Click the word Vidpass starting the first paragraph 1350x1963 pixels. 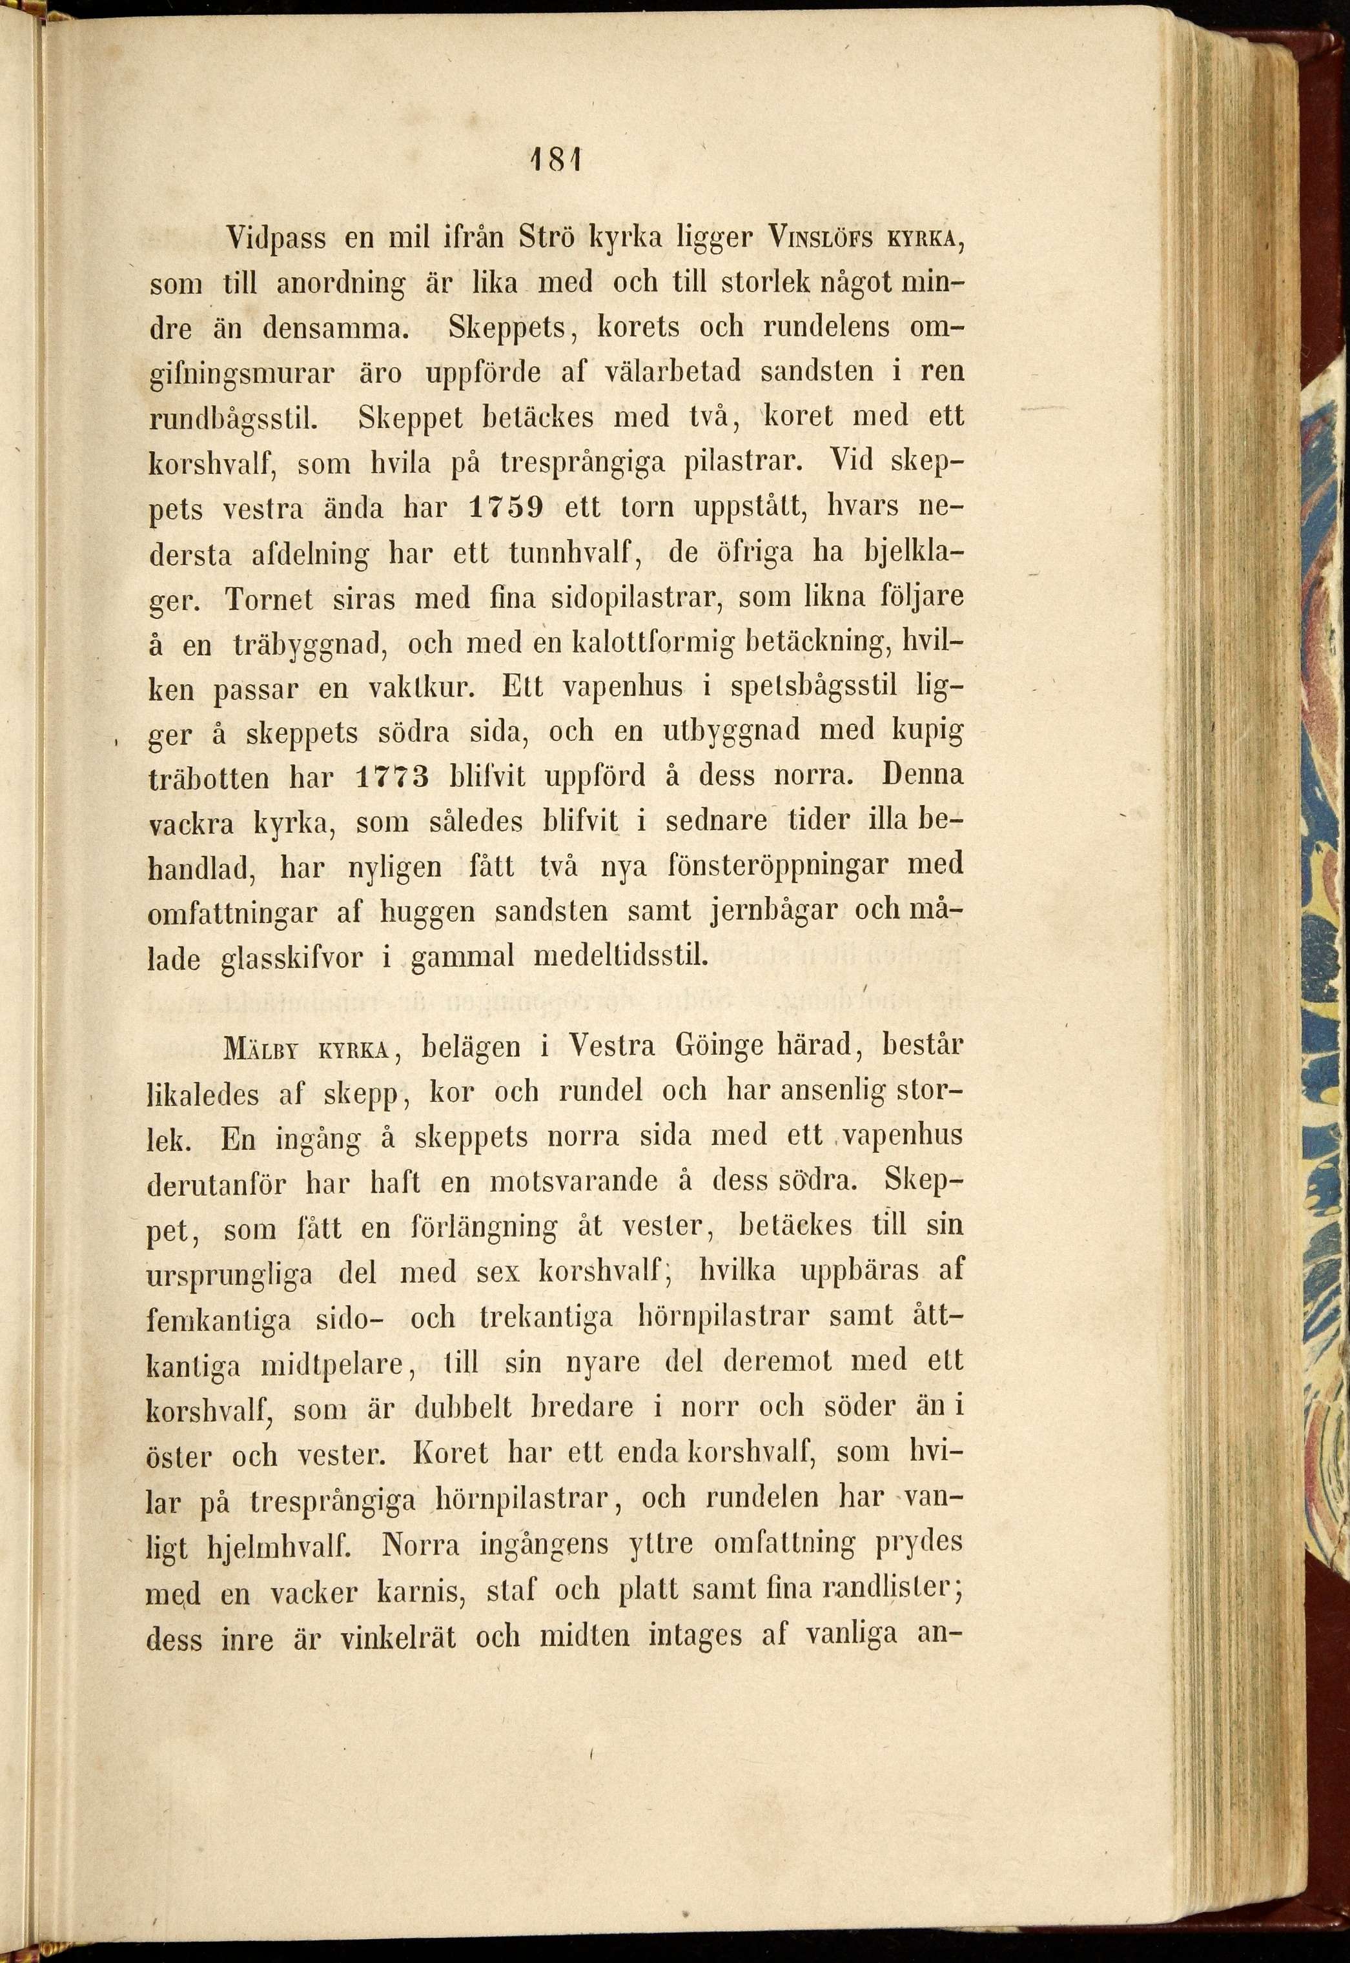pyautogui.click(x=276, y=239)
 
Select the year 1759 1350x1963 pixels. pyautogui.click(x=505, y=507)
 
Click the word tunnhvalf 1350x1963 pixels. pyautogui.click(x=573, y=553)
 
